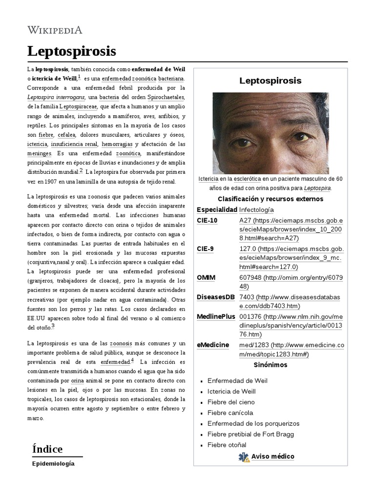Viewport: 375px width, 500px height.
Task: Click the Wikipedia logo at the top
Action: [x=55, y=30]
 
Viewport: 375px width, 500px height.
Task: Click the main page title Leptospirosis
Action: [x=71, y=51]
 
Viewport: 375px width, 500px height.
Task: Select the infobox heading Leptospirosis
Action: [x=270, y=81]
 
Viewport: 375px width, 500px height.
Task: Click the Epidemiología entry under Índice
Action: [x=53, y=463]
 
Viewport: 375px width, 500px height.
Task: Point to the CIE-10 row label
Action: [x=207, y=220]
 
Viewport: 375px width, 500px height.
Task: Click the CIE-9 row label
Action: [x=205, y=249]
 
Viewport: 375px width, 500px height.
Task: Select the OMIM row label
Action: [x=206, y=277]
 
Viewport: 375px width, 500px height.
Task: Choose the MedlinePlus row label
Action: [x=216, y=316]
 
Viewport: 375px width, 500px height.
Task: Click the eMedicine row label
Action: [x=212, y=345]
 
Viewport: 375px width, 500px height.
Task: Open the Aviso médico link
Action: [x=272, y=457]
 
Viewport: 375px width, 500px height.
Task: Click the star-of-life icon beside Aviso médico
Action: [x=244, y=457]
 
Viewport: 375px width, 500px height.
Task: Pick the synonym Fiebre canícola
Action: [x=230, y=413]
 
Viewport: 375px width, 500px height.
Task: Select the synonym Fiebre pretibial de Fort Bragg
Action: [x=250, y=434]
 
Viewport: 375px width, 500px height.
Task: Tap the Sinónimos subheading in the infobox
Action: [x=270, y=365]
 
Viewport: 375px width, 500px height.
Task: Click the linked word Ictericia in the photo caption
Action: [x=208, y=179]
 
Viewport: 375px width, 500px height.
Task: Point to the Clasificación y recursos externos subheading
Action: [x=270, y=199]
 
